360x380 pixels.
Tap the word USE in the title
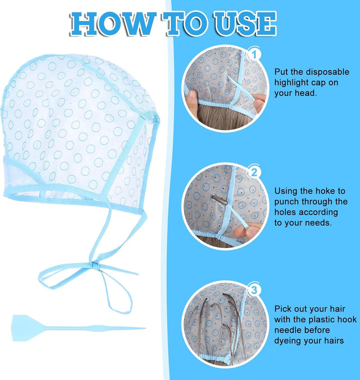[245, 24]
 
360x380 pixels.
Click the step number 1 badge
[254, 55]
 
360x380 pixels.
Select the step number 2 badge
[254, 172]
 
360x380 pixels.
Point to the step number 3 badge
[254, 290]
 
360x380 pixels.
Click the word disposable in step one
[327, 71]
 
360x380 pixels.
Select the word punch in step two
[286, 202]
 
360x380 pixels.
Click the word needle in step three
[290, 330]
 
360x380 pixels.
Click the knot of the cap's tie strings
[95, 264]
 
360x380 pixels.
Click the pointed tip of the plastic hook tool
[145, 328]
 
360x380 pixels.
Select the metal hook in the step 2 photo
[219, 200]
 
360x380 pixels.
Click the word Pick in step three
[282, 309]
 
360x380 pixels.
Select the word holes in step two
[285, 212]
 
